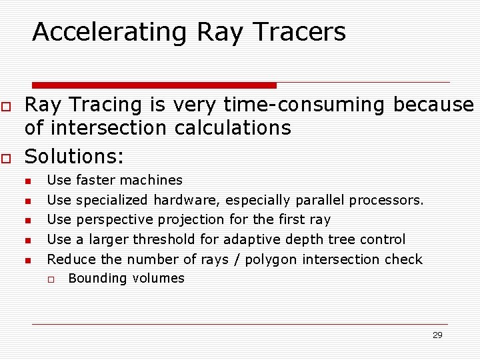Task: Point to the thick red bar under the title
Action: click(x=154, y=85)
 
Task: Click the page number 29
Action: click(x=437, y=335)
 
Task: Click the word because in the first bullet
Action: click(x=433, y=105)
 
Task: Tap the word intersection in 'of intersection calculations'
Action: click(x=104, y=128)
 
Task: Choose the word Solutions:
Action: click(x=74, y=157)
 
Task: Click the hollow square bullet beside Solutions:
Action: click(x=5, y=158)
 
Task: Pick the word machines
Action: click(x=155, y=180)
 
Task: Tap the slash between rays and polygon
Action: click(x=237, y=259)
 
